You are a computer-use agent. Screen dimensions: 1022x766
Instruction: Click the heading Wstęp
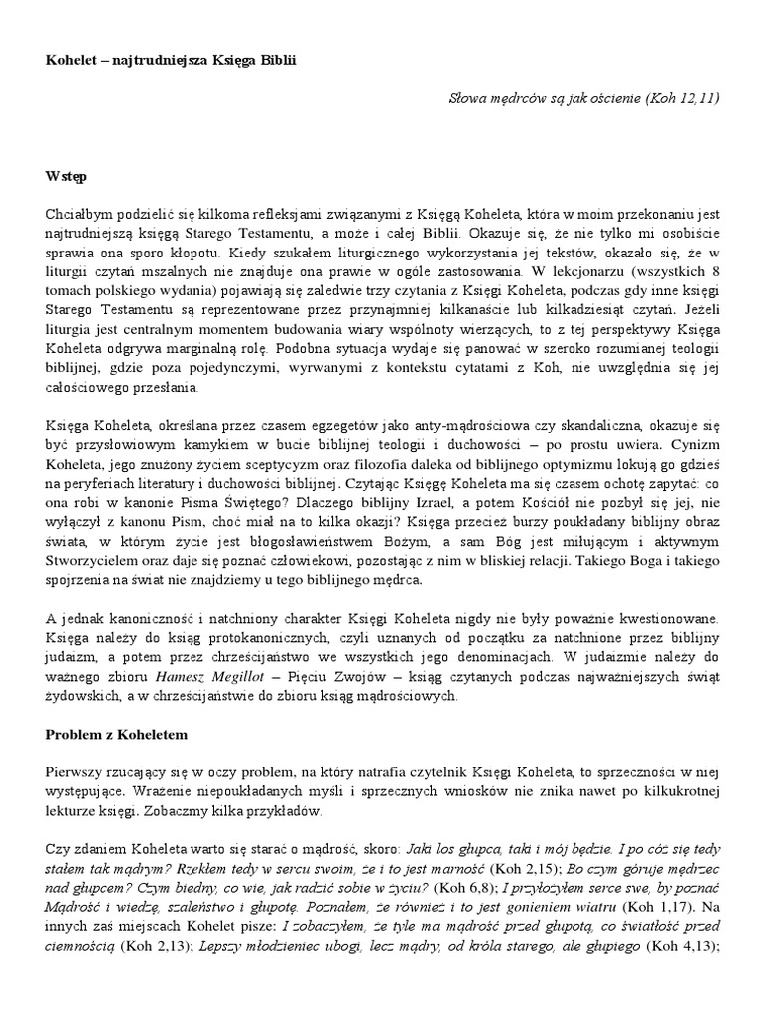click(x=66, y=177)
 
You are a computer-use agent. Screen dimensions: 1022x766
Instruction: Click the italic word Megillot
click(x=231, y=678)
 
